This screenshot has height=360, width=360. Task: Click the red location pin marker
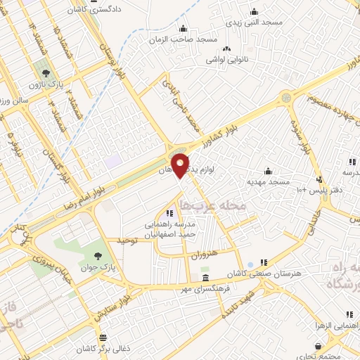click(181, 165)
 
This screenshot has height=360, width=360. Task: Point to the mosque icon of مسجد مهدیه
click(267, 171)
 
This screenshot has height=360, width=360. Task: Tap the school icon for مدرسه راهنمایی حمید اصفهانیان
click(169, 212)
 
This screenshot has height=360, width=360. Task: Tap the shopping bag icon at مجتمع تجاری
click(320, 346)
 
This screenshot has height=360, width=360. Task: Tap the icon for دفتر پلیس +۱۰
click(320, 179)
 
